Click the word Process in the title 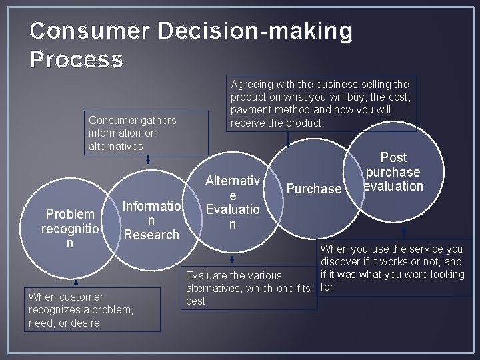pyautogui.click(x=77, y=60)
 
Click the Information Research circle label pyautogui.click(x=151, y=220)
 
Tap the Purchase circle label pyautogui.click(x=313, y=189)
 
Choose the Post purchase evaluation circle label pyautogui.click(x=393, y=172)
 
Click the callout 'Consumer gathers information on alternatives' pyautogui.click(x=132, y=133)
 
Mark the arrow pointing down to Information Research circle pyautogui.click(x=148, y=159)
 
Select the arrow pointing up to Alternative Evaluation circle pyautogui.click(x=232, y=259)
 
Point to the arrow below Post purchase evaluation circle pyautogui.click(x=403, y=231)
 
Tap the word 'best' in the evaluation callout pyautogui.click(x=196, y=301)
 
